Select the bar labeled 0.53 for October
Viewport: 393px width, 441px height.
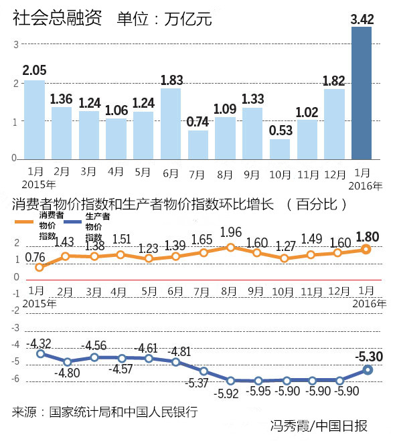[x=280, y=149]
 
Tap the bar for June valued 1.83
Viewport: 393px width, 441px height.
[x=171, y=123]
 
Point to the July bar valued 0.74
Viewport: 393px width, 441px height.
[x=198, y=144]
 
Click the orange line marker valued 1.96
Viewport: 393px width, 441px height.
[x=230, y=247]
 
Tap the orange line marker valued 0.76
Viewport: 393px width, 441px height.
[x=40, y=267]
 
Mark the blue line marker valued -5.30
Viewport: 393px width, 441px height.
[x=367, y=369]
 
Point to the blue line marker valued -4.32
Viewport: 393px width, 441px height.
[x=40, y=353]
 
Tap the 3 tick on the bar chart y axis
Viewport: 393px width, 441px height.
[x=15, y=44]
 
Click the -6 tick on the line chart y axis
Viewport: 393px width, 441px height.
[x=14, y=380]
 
